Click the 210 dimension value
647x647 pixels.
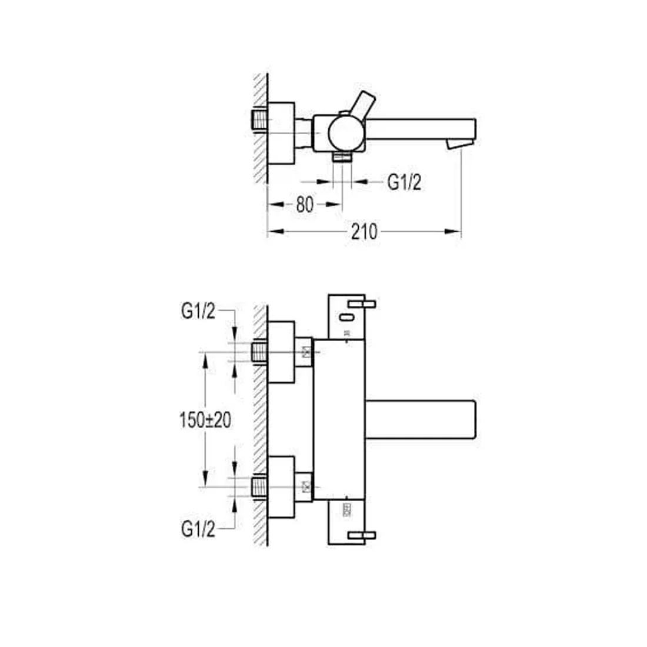(364, 232)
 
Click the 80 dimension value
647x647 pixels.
(305, 204)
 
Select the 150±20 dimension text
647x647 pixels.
(205, 421)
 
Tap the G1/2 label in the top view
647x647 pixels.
(404, 182)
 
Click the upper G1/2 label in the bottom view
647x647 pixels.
(198, 311)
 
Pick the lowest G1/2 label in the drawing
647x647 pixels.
(198, 529)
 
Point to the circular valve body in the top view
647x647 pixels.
(346, 134)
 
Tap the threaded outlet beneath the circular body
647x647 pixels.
(342, 157)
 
